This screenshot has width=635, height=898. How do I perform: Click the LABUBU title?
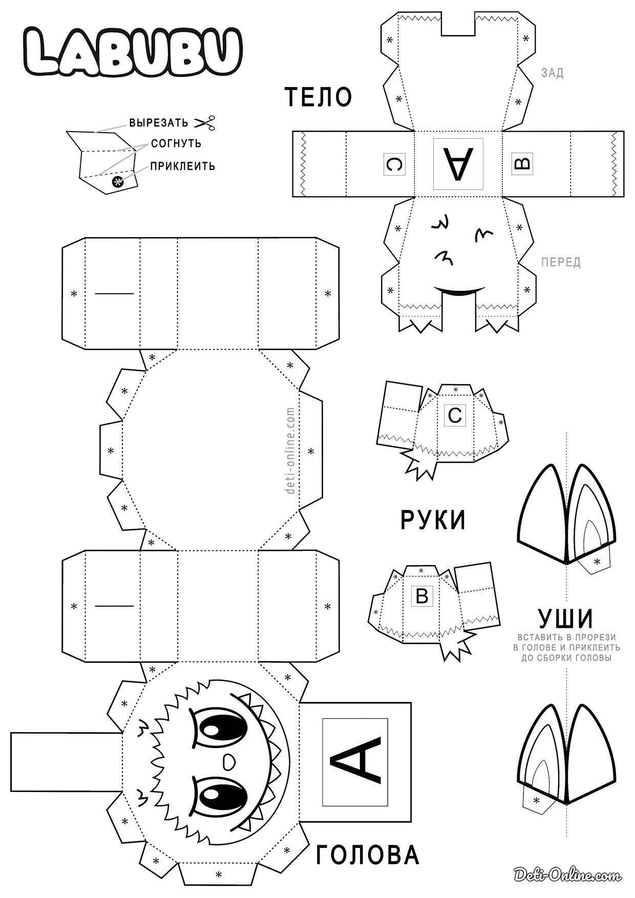(133, 51)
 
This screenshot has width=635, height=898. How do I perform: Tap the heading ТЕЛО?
(318, 97)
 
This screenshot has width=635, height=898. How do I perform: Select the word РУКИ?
(433, 520)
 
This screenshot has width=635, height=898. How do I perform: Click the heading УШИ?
(566, 618)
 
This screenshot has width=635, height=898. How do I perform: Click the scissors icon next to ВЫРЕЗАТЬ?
(204, 122)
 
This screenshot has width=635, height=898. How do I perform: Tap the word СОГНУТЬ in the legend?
(176, 143)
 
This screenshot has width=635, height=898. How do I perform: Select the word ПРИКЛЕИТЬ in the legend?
(182, 166)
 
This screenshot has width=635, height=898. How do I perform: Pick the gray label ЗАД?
(552, 73)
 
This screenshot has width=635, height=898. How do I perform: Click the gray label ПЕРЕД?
(561, 263)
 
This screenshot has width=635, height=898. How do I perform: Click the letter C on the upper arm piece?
(455, 415)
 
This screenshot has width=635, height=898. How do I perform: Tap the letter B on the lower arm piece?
(422, 596)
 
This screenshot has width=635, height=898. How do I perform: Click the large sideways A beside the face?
(355, 761)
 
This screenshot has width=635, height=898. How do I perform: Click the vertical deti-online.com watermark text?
(291, 451)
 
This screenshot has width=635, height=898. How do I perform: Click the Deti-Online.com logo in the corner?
(568, 875)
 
